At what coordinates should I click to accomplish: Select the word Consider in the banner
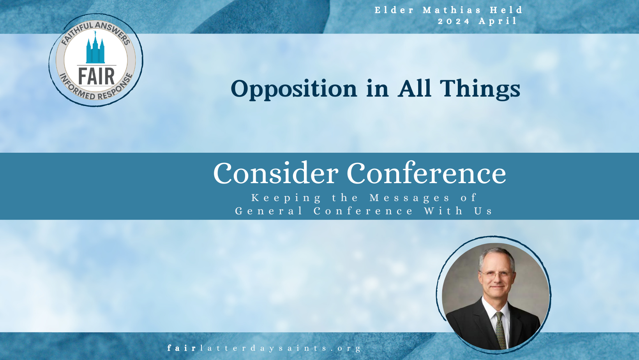coord(275,173)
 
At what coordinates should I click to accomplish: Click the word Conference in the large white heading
coord(426,173)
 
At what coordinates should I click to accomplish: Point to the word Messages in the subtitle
coord(410,198)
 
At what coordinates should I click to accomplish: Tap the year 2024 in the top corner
coord(454,21)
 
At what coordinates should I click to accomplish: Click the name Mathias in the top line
coord(452,10)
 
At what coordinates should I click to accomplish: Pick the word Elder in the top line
coord(394,10)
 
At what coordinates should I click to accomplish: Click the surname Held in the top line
coord(506,10)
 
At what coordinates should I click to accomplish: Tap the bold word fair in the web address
coord(182,348)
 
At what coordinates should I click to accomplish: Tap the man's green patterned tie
coord(501,330)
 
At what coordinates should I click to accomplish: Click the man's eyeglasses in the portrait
coord(497,275)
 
